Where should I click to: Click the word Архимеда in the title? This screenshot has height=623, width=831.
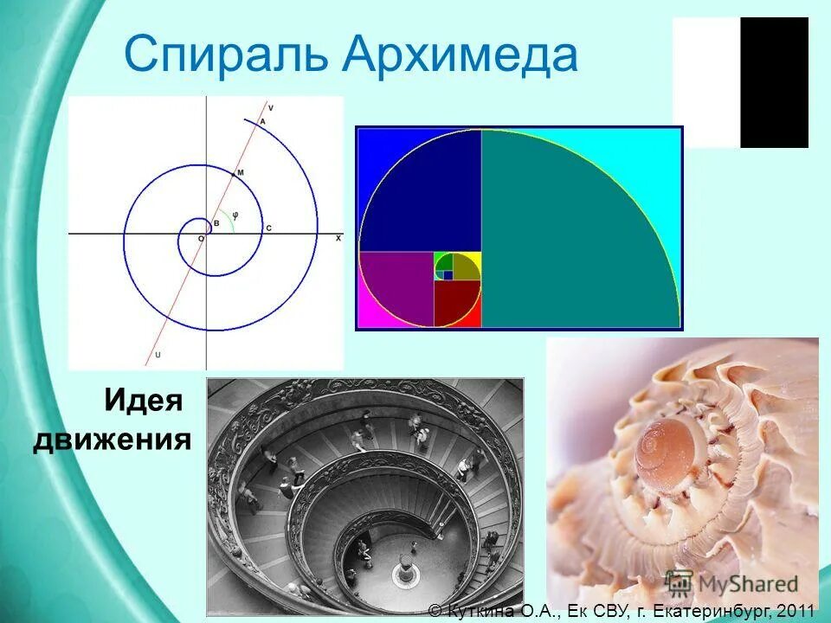click(460, 55)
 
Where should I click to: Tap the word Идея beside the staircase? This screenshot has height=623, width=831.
click(144, 401)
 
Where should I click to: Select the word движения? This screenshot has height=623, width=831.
click(113, 439)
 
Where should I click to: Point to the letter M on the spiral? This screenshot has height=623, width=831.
click(240, 173)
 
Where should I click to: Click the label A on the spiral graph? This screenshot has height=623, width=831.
click(262, 121)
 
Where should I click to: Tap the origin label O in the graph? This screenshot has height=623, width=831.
click(201, 238)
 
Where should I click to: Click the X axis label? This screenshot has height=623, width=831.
click(338, 237)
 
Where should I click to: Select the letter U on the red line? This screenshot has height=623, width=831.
click(157, 354)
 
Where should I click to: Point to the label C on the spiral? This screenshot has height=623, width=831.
click(268, 228)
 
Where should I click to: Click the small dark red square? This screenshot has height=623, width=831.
click(456, 305)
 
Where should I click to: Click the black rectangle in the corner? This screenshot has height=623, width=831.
click(774, 82)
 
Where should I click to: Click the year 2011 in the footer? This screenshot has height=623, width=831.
click(797, 611)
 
